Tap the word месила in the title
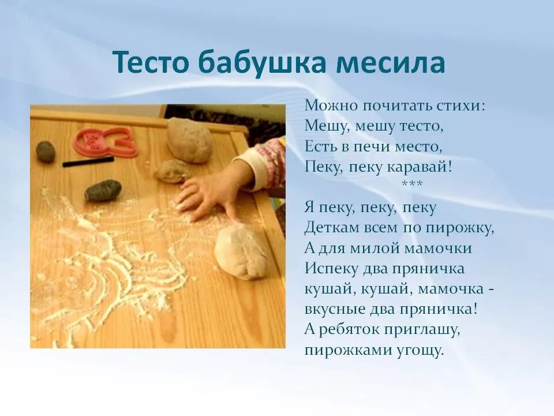point(390,62)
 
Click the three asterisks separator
point(412,184)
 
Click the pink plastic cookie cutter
point(104,142)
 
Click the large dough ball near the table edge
point(242,251)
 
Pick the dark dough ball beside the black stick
point(46,151)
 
